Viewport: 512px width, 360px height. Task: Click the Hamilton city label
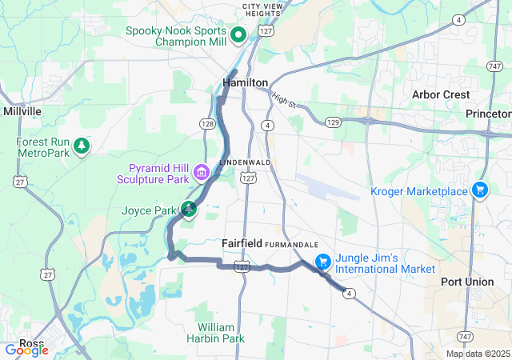[x=245, y=82]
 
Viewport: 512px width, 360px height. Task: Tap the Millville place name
[x=22, y=111]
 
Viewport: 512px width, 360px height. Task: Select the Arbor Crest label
[x=441, y=94]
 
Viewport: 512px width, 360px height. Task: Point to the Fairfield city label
[x=242, y=242]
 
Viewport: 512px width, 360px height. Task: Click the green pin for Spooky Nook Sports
[x=238, y=35]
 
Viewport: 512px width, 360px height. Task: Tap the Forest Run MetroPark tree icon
[x=81, y=146]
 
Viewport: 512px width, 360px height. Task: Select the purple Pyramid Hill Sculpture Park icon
[x=200, y=173]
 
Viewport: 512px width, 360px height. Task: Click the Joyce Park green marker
[x=189, y=210]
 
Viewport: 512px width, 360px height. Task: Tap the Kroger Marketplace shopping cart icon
[x=479, y=190]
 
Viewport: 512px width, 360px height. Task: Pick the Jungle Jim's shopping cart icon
[x=322, y=262]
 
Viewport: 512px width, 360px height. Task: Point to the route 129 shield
[x=333, y=122]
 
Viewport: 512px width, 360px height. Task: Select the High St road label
[x=283, y=99]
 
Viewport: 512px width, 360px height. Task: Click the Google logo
[x=27, y=350]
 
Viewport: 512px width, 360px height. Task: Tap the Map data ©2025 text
[x=478, y=354]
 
